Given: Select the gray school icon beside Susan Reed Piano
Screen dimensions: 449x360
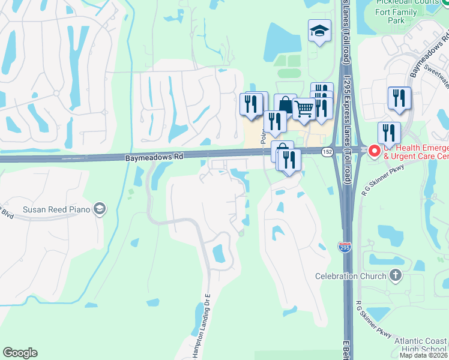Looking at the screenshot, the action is (100, 209).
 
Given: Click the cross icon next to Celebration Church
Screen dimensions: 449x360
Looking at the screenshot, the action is (395, 275).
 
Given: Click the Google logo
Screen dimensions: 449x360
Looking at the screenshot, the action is (20, 353).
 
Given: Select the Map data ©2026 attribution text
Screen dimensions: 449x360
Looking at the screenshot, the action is (424, 355).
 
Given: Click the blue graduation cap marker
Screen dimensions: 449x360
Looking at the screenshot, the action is (319, 31).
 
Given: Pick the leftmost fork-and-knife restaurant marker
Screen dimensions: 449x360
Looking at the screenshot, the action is (251, 104).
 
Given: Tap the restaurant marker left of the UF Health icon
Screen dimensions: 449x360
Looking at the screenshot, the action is (389, 133).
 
